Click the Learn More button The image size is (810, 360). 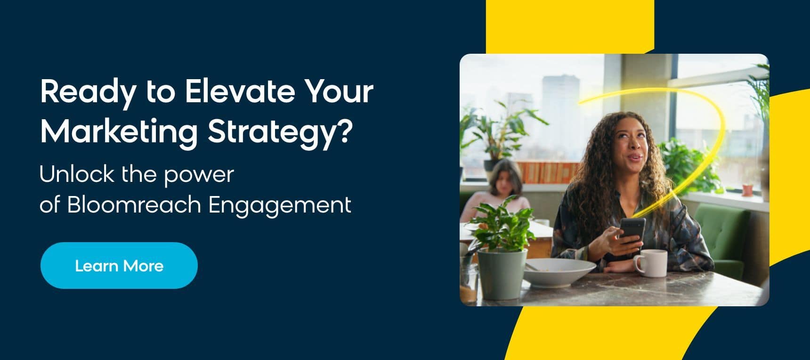(x=119, y=265)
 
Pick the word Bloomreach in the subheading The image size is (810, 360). (x=134, y=205)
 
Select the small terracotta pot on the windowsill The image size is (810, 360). (x=747, y=190)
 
